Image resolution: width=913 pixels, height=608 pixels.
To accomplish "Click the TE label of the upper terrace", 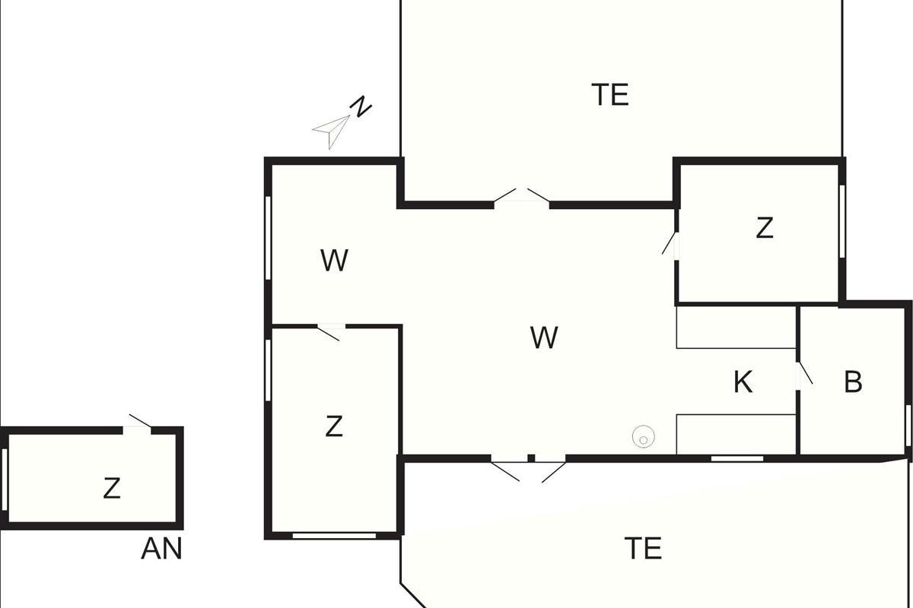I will (610, 95).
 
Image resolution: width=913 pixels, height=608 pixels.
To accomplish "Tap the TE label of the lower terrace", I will (643, 548).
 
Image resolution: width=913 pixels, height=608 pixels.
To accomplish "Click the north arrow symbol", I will (332, 131).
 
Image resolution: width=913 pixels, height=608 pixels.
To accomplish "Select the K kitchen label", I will (743, 382).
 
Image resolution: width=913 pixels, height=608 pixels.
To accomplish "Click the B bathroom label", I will (853, 382).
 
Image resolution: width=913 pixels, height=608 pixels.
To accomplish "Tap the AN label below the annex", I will (161, 549).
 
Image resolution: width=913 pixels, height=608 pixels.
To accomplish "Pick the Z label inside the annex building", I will (112, 488).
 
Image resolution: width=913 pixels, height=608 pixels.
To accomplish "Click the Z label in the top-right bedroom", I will (765, 228).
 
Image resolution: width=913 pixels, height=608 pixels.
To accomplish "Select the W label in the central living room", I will (544, 337).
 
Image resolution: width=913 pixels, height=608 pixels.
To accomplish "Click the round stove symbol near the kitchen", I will (643, 437).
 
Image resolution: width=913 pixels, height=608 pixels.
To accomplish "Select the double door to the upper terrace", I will (522, 197).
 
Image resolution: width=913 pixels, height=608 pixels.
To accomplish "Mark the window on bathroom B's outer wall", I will (908, 426).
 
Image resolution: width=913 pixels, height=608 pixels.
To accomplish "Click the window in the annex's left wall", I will (5, 480).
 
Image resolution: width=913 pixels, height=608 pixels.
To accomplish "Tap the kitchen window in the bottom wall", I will (736, 458).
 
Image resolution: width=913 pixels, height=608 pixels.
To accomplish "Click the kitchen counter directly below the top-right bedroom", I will (736, 327).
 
